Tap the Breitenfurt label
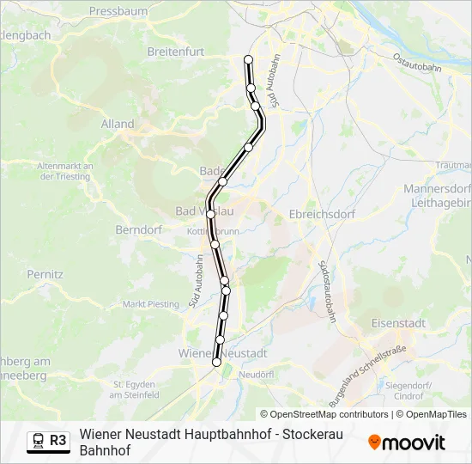pyautogui.click(x=176, y=52)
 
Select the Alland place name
pyautogui.click(x=118, y=124)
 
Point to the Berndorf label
pyautogui.click(x=138, y=230)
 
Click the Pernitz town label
pyautogui.click(x=45, y=273)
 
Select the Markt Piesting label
pyautogui.click(x=151, y=303)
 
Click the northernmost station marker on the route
pyautogui.click(x=248, y=59)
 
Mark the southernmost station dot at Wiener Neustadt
pyautogui.click(x=216, y=363)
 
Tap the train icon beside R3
pyautogui.click(x=39, y=440)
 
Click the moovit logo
pyautogui.click(x=407, y=443)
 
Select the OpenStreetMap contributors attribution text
pyautogui.click(x=329, y=414)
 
